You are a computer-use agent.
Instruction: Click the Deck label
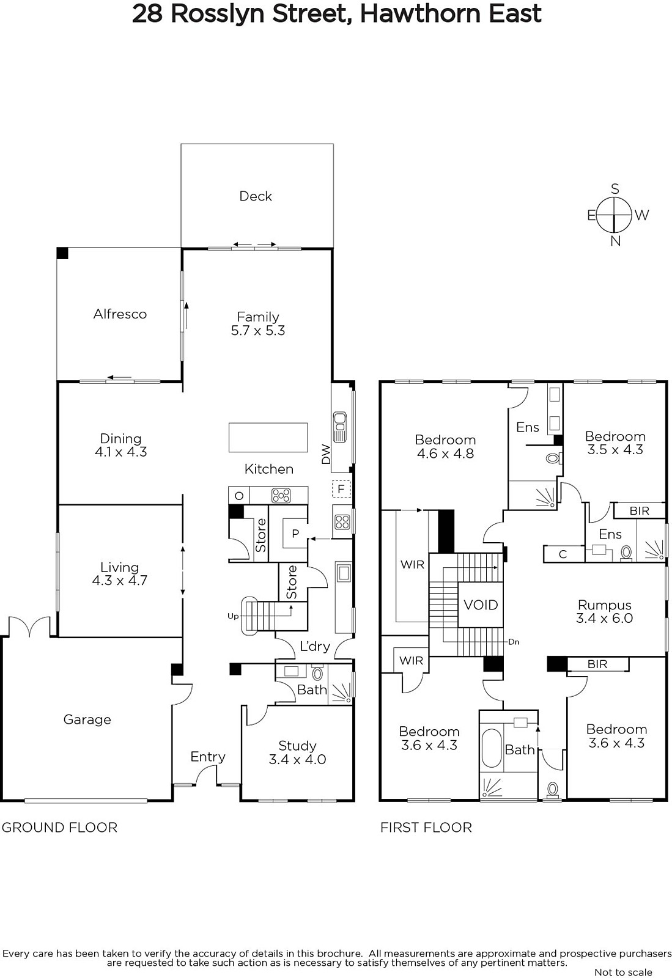pos(256,196)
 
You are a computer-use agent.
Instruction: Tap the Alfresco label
pos(120,314)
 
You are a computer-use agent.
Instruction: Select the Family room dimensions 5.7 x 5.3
pos(258,331)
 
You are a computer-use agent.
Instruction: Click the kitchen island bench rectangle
pos(268,437)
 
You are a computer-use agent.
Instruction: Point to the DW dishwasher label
pos(326,454)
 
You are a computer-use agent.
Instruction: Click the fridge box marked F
pos(341,488)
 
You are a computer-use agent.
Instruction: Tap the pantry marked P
pos(295,533)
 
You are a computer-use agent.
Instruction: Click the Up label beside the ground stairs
pos(233,616)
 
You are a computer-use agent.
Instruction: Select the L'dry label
pos(315,646)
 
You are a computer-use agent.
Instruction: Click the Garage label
pos(87,719)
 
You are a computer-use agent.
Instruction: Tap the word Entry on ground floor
pos(208,757)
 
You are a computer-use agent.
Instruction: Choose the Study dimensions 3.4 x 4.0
pos(297,759)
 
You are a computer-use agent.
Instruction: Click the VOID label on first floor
pos(481,605)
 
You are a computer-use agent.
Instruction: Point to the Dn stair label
pos(514,642)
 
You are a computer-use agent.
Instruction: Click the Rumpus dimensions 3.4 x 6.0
pos(604,618)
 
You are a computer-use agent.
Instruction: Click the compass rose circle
pos(615,215)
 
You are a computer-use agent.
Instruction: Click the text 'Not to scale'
pos(624,972)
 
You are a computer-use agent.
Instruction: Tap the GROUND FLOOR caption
pos(60,828)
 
